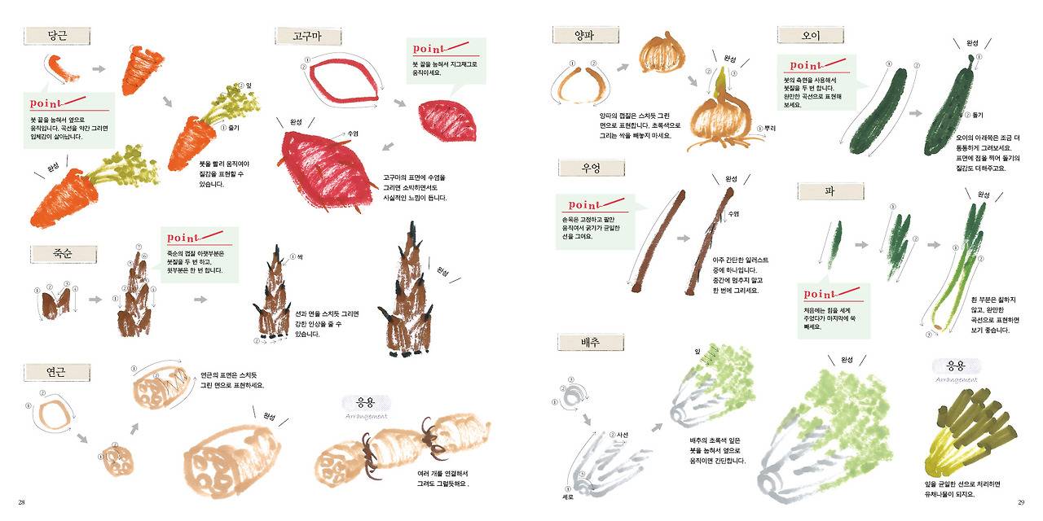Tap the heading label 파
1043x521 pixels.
click(830, 191)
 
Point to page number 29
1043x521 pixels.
click(1020, 502)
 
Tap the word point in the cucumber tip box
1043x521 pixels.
click(805, 65)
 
